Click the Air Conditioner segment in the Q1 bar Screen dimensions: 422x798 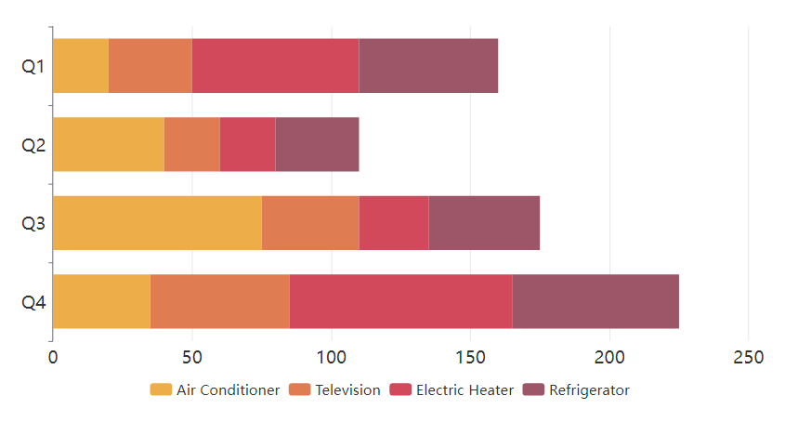(81, 66)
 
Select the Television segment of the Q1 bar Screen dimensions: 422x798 (150, 66)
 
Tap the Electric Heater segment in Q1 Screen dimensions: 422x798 (275, 66)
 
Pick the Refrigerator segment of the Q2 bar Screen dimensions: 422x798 (317, 145)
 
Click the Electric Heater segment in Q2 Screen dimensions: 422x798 (247, 145)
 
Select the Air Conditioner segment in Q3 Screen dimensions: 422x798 (157, 223)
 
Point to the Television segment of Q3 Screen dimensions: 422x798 (310, 223)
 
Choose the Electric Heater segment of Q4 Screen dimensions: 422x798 (400, 302)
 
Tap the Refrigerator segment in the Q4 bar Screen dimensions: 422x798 (595, 302)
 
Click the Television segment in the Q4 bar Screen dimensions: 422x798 (219, 302)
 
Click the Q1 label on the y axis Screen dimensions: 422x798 (33, 67)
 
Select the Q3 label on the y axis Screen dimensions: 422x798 (33, 224)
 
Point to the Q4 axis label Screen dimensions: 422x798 (33, 303)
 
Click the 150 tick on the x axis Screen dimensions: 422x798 (470, 358)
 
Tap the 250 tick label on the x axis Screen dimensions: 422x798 (749, 358)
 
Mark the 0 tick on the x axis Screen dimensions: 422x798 (53, 358)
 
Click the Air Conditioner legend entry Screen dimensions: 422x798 (215, 390)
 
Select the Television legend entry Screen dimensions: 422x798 (335, 390)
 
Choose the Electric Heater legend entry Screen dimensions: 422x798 (451, 390)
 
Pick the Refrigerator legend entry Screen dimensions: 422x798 (576, 390)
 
